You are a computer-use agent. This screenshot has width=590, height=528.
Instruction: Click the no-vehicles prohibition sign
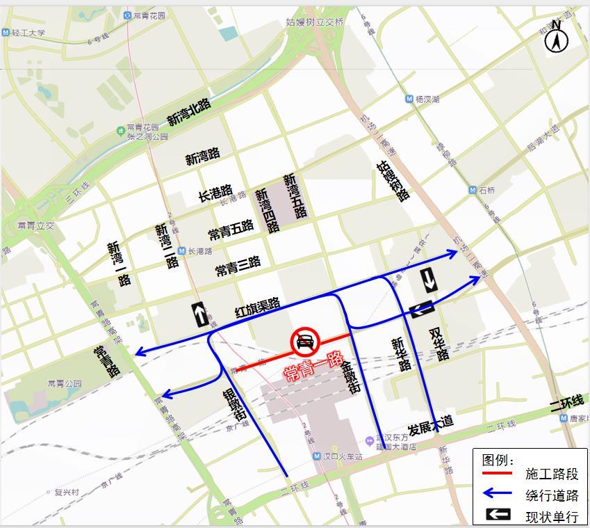click(x=304, y=342)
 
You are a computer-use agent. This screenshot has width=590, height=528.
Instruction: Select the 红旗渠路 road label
click(x=258, y=308)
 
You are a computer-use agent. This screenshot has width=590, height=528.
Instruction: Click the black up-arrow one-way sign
click(x=199, y=315)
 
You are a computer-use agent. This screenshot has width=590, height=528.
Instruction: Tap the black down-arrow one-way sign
click(x=429, y=280)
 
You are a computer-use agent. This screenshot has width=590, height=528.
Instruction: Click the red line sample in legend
click(x=497, y=474)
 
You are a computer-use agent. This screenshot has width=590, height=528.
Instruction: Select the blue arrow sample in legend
click(x=497, y=495)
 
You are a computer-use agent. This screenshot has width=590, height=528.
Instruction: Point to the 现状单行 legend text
click(x=552, y=516)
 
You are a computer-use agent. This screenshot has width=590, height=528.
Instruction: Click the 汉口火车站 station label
click(x=343, y=457)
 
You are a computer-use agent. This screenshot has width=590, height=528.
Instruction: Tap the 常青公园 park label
click(x=65, y=383)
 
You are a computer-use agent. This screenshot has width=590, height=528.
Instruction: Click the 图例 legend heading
click(x=498, y=460)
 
